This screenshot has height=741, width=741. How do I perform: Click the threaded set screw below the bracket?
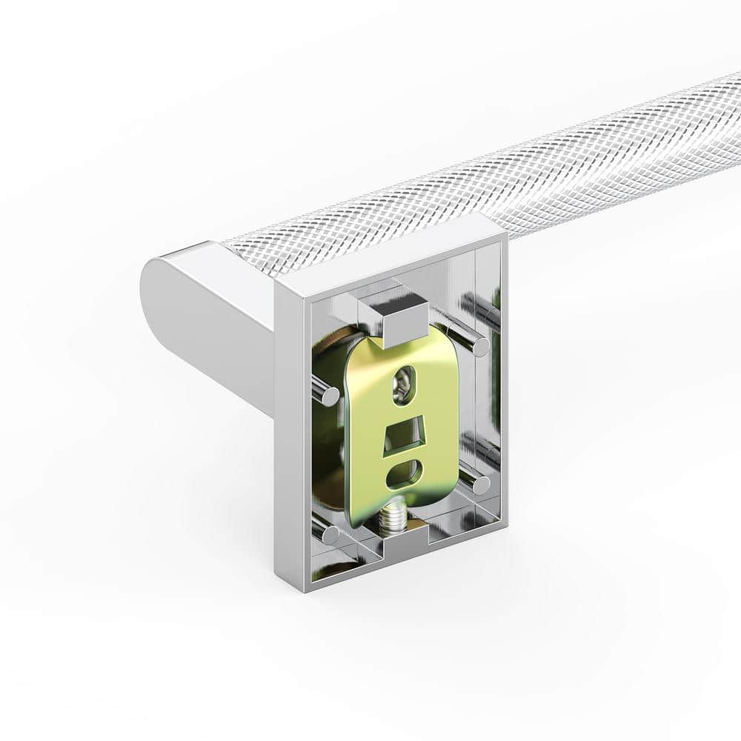(x=392, y=516)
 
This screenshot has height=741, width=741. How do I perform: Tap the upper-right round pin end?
(x=480, y=346)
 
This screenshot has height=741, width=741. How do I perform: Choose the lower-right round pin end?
(x=482, y=485)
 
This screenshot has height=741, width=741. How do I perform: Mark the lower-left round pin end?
(x=331, y=534)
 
